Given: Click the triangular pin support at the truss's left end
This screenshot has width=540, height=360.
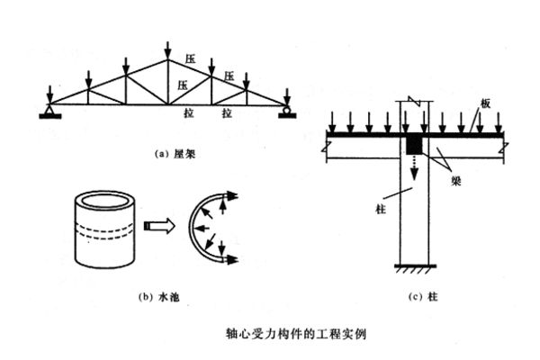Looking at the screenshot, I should coord(45,111).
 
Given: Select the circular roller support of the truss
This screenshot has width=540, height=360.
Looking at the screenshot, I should coord(286,112).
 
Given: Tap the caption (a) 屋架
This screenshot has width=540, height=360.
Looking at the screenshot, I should coord(170,153).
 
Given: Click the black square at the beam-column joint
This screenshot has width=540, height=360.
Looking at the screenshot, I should coord(415,145).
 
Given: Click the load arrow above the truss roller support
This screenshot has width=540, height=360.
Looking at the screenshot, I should coord(286,95).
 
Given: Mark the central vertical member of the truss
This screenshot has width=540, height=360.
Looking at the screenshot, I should coord(166,85).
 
